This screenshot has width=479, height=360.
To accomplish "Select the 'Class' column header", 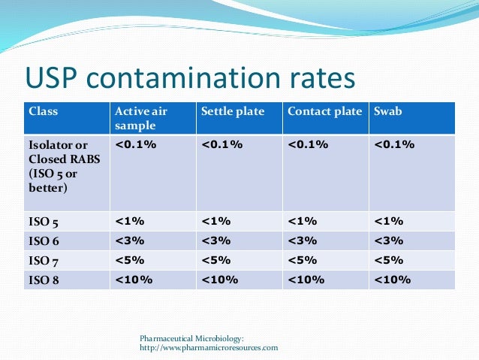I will (43, 111).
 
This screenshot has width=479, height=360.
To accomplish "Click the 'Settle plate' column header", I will (233, 111).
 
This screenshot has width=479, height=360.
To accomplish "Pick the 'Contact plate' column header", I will (324, 111).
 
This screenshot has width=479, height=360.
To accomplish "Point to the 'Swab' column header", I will (387, 111).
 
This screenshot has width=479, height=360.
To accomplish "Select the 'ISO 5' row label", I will (43, 222).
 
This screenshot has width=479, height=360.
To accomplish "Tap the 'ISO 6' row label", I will (43, 241).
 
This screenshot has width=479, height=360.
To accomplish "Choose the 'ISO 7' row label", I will (43, 261).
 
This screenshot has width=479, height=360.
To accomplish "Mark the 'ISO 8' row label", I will (43, 280).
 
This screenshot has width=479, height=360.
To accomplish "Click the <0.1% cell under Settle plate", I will (221, 144).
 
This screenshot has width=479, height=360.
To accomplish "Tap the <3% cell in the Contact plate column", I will (303, 241).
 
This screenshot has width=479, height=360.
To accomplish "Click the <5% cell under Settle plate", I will (216, 260).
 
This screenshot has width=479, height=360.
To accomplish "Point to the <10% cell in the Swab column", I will (392, 280).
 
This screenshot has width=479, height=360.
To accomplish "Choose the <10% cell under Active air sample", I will (134, 280).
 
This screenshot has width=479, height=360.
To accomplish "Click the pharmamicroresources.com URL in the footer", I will (209, 348).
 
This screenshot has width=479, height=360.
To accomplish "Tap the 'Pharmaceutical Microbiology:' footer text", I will (191, 339).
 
